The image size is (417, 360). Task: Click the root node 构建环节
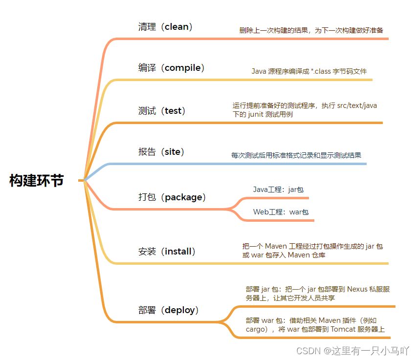37,180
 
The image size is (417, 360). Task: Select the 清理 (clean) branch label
165,27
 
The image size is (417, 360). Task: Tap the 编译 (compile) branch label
171,68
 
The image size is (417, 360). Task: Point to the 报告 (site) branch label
161,152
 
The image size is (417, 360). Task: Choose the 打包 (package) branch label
172,197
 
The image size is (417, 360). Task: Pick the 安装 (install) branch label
167,252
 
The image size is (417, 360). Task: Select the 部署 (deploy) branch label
169,310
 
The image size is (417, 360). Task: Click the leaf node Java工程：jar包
279,189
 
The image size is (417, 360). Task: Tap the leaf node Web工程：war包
281,212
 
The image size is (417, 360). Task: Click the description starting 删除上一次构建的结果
311,30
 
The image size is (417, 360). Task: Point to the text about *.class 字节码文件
309,71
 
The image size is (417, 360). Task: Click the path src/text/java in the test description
357,105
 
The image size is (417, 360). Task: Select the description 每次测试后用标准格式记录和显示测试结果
296,155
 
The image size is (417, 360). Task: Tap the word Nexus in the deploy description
357,289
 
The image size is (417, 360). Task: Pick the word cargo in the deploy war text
255,329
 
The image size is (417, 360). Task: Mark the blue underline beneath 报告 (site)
235,164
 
